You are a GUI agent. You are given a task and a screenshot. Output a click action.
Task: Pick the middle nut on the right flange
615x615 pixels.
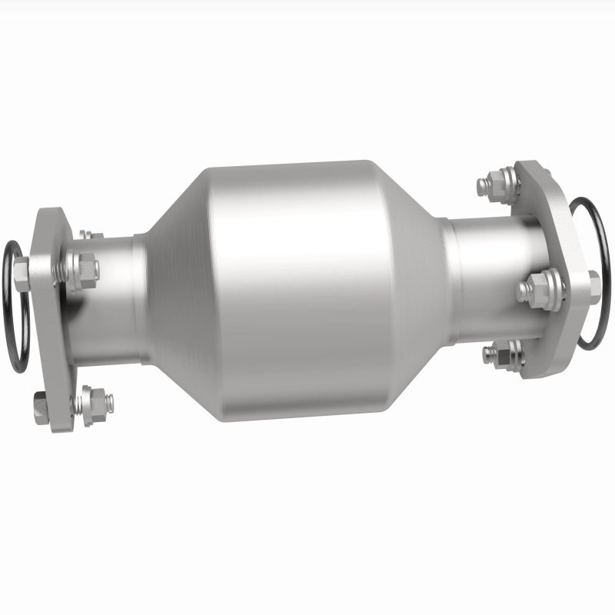click(x=547, y=291)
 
